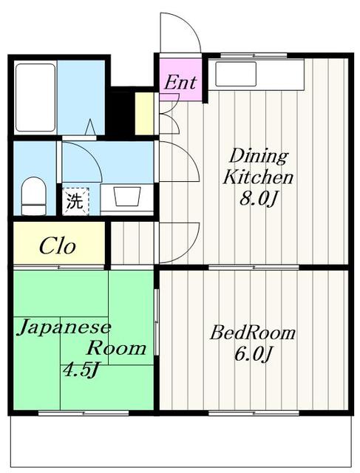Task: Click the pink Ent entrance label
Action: click(x=180, y=81)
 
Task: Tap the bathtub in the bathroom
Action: click(x=34, y=99)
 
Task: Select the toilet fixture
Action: click(x=33, y=195)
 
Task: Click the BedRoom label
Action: click(x=252, y=333)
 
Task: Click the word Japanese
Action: click(x=64, y=327)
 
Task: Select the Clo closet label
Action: click(x=58, y=245)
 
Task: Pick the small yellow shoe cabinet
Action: click(x=144, y=113)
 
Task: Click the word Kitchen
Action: click(x=258, y=177)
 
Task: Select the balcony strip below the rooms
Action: click(x=180, y=440)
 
